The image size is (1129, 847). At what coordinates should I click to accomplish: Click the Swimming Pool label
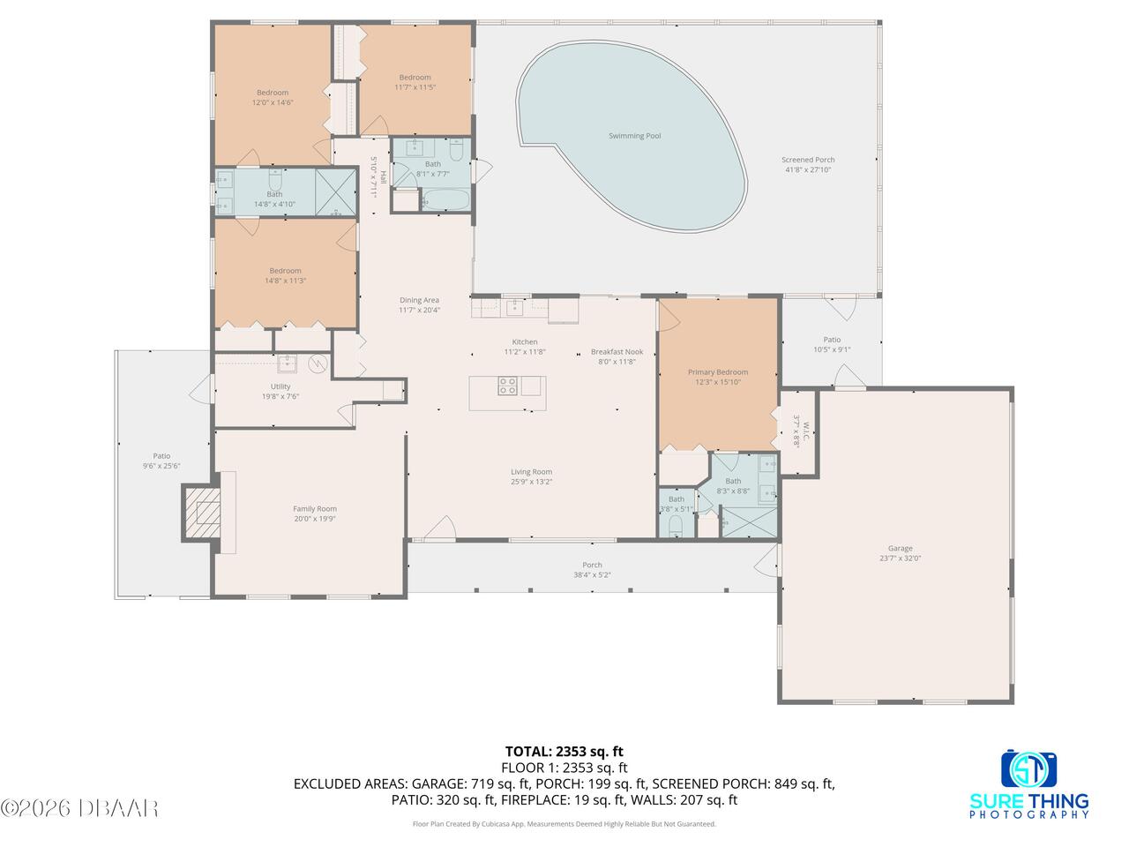(634, 136)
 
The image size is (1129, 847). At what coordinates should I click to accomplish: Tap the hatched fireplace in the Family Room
(203, 513)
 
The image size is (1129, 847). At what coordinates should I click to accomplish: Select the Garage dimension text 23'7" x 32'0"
(900, 558)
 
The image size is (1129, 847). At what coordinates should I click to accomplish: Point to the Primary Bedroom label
(717, 371)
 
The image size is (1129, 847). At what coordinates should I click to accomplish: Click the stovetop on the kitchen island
(507, 386)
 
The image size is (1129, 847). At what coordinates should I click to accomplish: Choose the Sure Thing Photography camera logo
(1028, 768)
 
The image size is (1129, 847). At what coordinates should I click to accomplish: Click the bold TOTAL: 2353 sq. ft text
(564, 752)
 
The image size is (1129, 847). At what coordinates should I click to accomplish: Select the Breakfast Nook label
(617, 352)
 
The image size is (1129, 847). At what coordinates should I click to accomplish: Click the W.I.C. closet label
(805, 428)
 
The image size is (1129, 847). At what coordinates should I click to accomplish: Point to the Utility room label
(280, 386)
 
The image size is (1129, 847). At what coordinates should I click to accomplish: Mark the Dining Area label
(419, 300)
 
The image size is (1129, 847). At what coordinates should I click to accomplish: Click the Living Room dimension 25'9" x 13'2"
(531, 482)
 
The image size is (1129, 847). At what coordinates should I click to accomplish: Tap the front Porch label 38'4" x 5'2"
(592, 570)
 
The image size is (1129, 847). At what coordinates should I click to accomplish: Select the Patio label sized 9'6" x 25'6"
(161, 461)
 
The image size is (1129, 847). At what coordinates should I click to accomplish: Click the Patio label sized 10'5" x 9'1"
(832, 345)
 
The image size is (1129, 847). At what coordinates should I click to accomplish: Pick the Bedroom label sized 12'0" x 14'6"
(272, 97)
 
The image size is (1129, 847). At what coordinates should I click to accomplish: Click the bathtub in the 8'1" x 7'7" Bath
(445, 199)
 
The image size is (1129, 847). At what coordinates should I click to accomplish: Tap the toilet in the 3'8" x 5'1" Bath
(676, 526)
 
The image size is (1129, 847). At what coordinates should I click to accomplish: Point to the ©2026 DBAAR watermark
(79, 808)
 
